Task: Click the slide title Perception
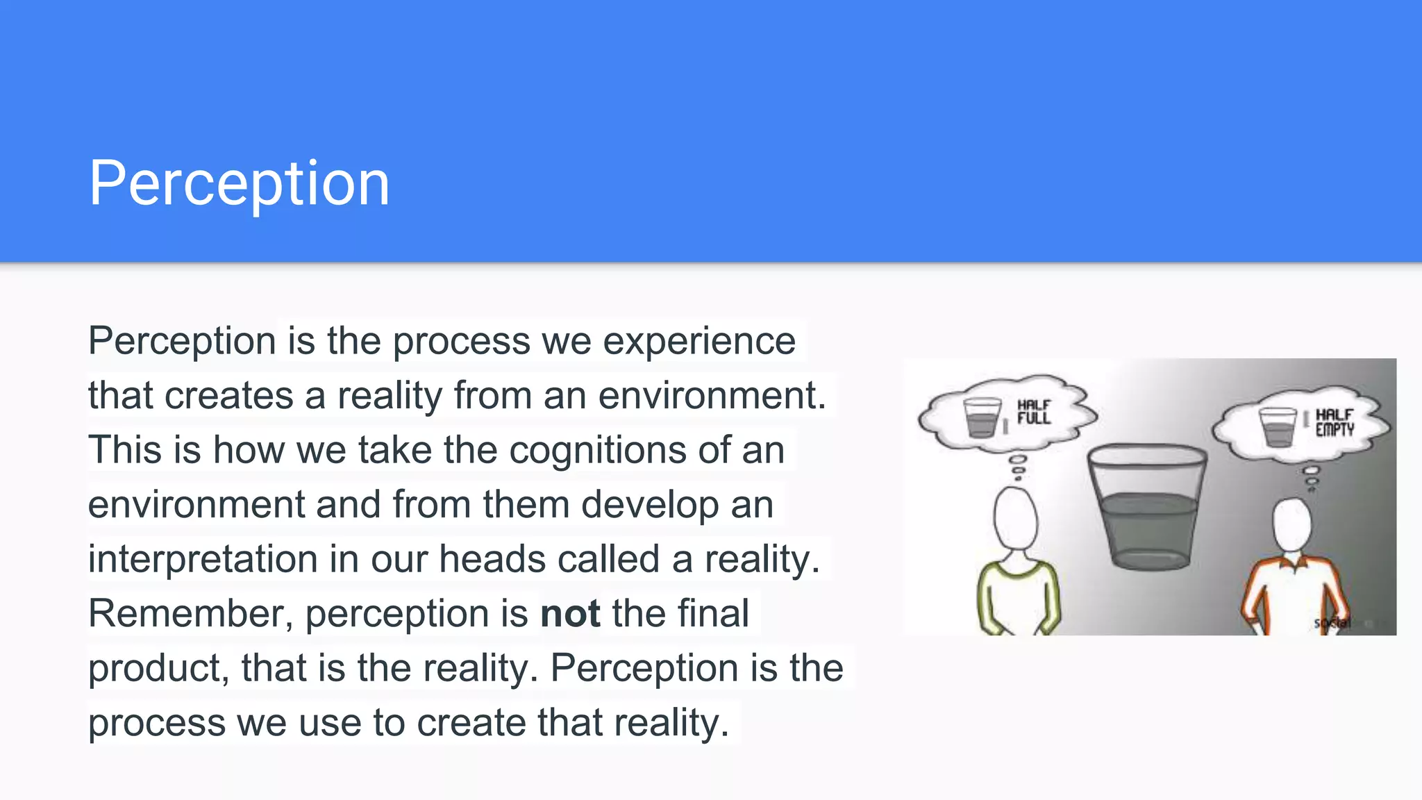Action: [x=239, y=183]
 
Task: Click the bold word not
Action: [x=570, y=614]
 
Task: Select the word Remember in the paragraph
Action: [x=184, y=614]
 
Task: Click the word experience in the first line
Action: [x=699, y=342]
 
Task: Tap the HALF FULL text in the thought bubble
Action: [x=1034, y=412]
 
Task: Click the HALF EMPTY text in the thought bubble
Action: [x=1335, y=422]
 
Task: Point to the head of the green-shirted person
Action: [x=1016, y=519]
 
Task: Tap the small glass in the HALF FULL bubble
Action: [x=982, y=417]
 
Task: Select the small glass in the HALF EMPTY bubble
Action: [x=1278, y=427]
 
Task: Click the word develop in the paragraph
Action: [x=649, y=505]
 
